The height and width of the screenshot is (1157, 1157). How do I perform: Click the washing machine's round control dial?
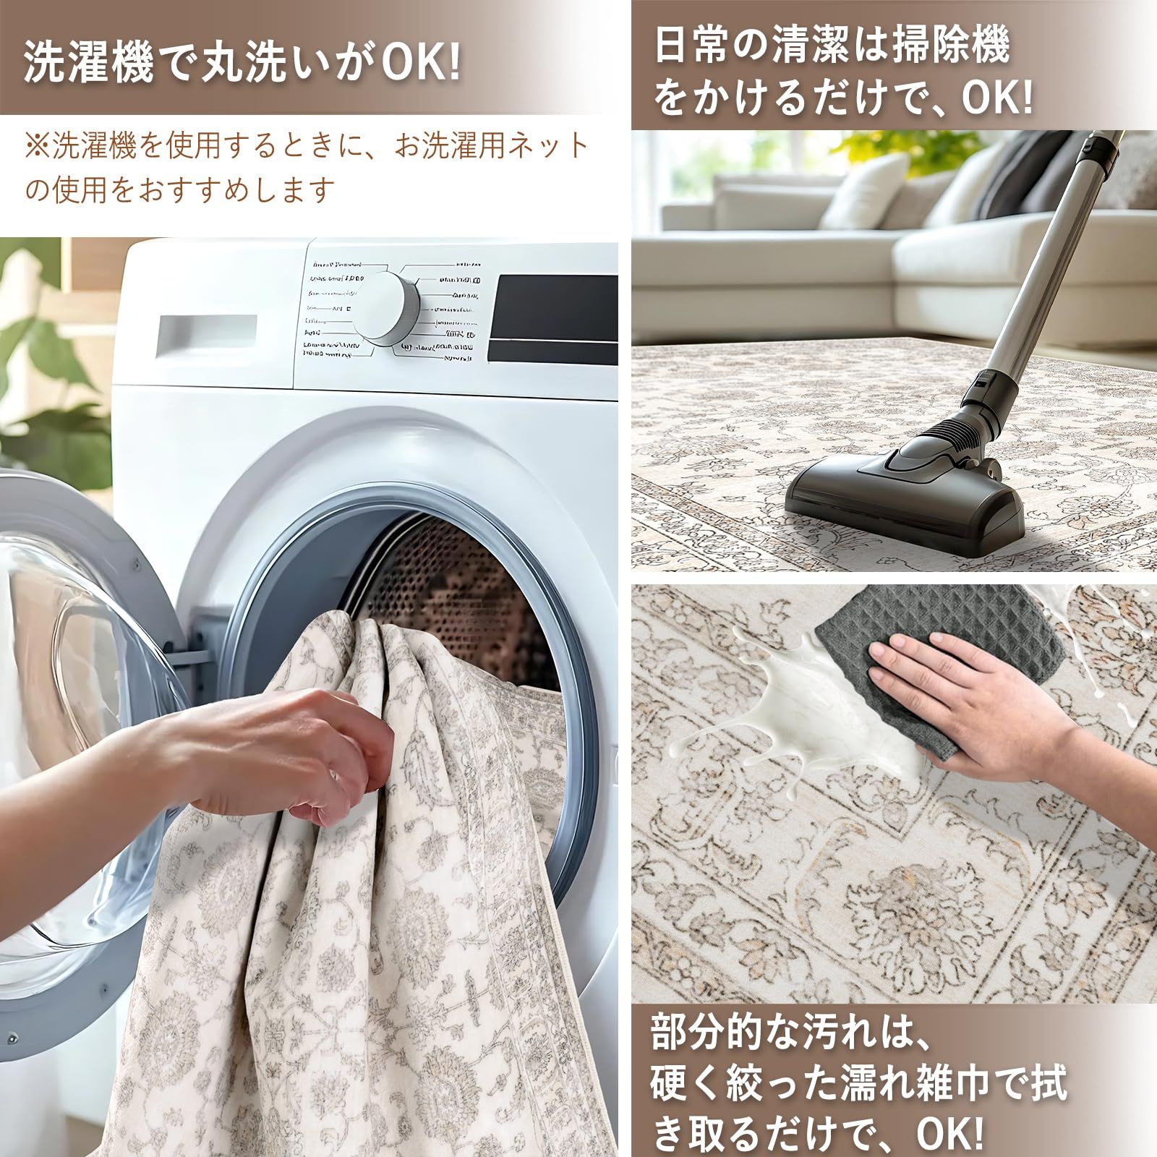386,307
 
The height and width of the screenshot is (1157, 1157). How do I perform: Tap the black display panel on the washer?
552,317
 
